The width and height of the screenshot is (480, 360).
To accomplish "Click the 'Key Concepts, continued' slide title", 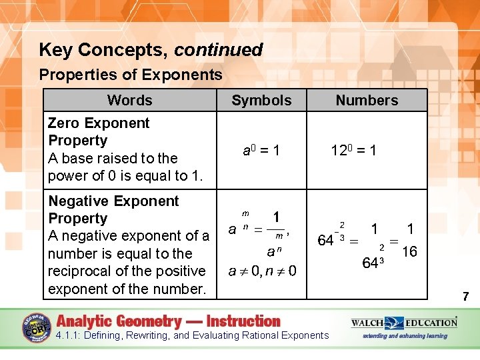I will tap(151, 50).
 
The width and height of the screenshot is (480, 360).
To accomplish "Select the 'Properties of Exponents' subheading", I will tap(131, 75).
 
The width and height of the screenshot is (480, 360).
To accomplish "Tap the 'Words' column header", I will tap(129, 101).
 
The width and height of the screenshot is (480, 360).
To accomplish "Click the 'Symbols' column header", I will tap(261, 101).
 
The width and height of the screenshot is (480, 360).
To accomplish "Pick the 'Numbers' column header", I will tap(367, 101).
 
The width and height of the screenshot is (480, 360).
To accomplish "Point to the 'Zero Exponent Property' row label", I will tap(99, 131).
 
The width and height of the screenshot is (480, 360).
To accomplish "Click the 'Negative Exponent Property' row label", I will tap(113, 209).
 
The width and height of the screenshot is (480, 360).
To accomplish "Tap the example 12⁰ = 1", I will tap(353, 151).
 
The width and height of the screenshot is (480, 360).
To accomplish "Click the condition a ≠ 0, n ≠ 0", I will tap(262, 271).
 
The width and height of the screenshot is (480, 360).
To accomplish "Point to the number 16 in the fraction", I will tap(410, 251).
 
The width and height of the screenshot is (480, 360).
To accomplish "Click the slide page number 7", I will tap(466, 297).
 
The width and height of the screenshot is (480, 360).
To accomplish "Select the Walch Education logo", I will tap(404, 323).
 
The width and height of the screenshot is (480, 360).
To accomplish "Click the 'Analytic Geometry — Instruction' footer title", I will tap(169, 321).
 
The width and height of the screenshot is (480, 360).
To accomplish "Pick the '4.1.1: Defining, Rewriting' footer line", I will tap(192, 335).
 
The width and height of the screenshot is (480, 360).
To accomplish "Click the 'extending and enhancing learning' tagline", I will tap(404, 336).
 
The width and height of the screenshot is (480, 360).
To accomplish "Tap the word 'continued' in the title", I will tap(219, 50).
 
